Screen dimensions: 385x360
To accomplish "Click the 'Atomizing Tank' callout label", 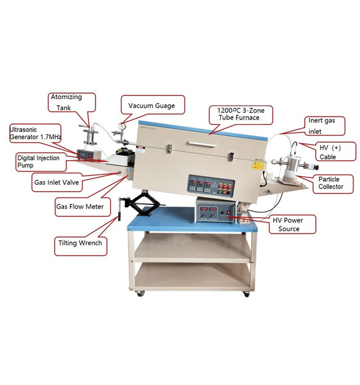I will point(72,102).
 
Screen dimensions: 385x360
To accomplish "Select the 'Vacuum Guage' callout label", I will point(151,106).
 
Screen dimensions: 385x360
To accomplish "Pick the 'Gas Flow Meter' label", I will point(80,206).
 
